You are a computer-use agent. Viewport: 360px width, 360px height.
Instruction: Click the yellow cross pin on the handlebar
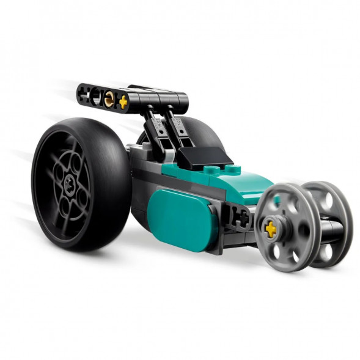(x=123, y=102)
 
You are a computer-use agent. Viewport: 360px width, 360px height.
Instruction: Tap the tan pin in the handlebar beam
(x=109, y=98)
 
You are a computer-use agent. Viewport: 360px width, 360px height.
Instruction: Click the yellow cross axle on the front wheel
(x=270, y=229)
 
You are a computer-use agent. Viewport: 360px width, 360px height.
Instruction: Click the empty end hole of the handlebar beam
(x=84, y=92)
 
